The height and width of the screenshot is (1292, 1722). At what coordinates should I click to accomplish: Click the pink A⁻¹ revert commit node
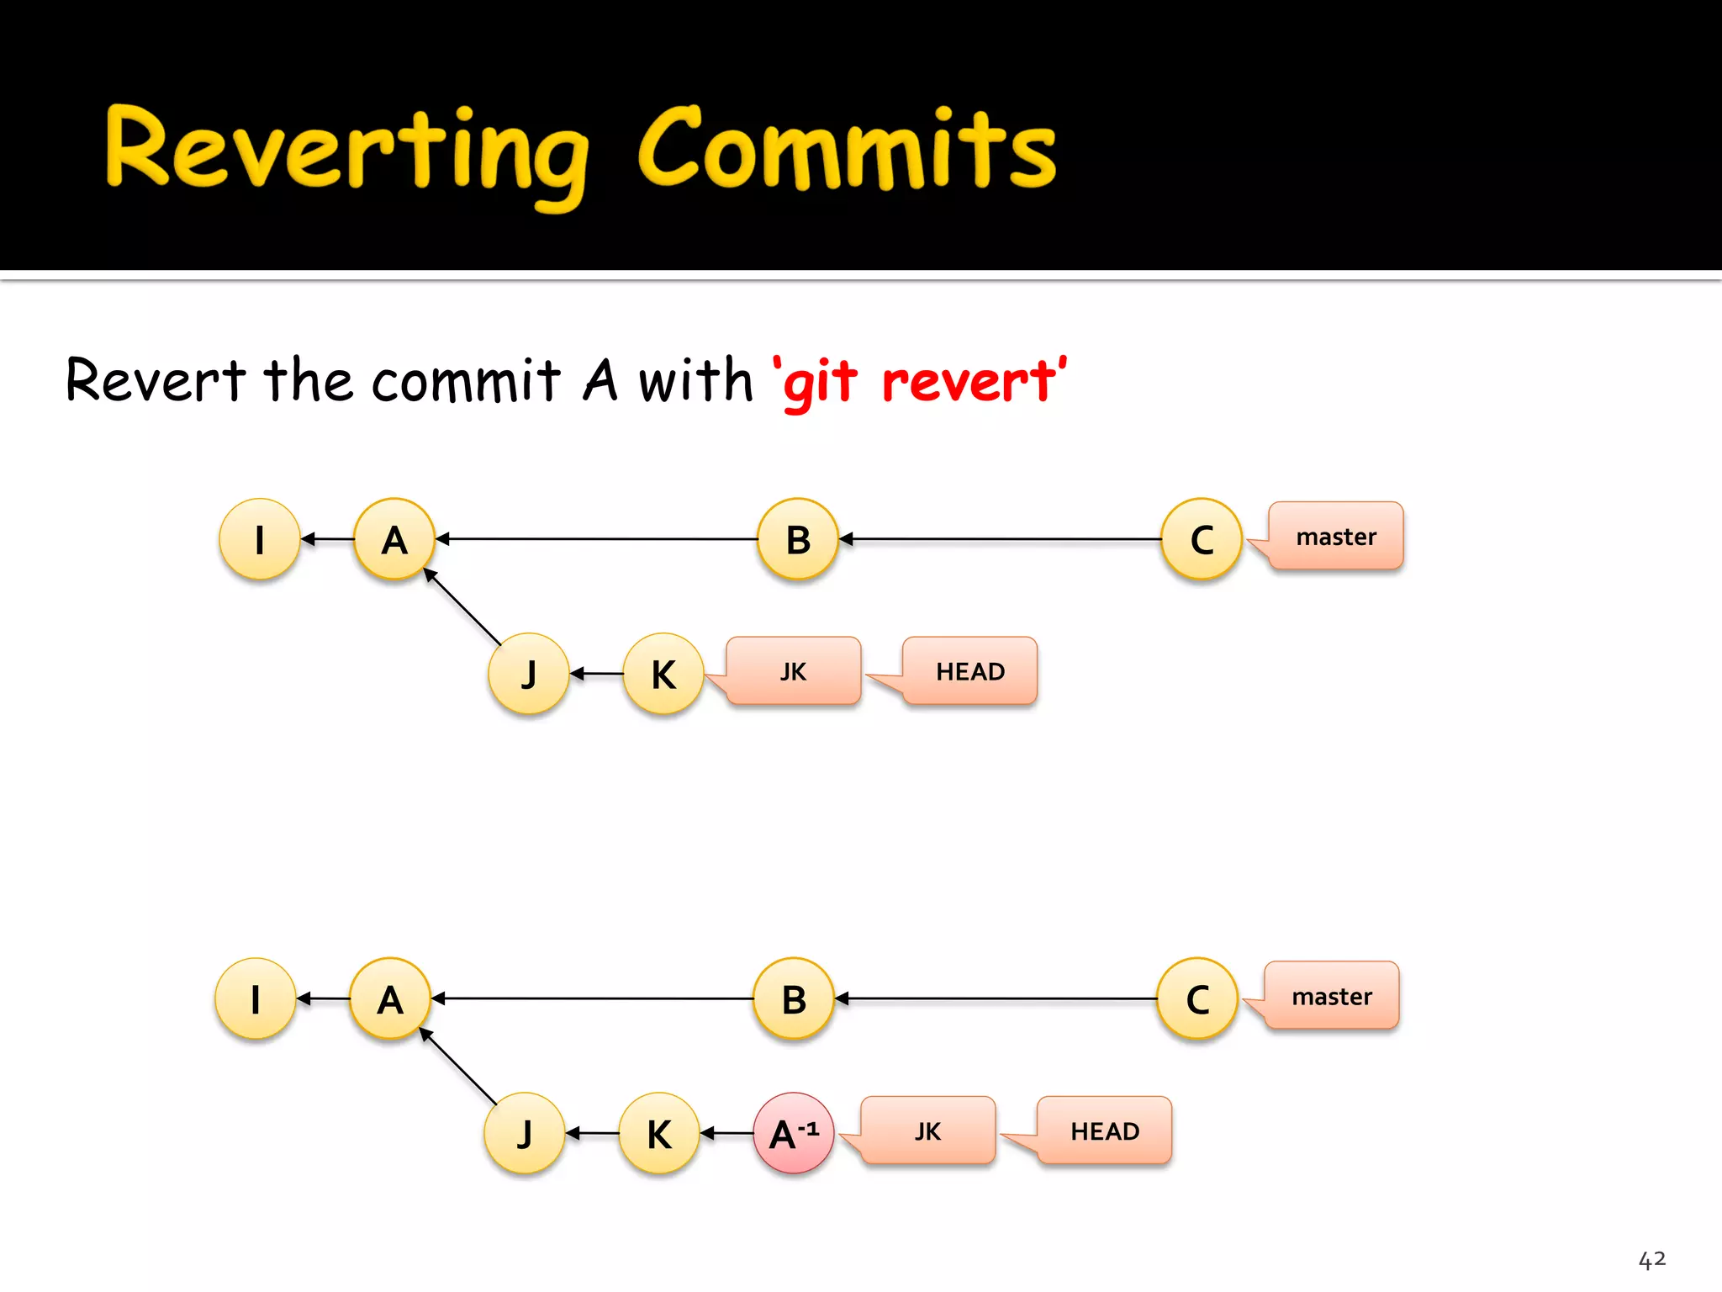pos(793,1133)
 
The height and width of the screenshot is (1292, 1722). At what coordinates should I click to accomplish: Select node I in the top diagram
pos(260,539)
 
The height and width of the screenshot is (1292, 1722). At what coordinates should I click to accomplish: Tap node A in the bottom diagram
pos(390,999)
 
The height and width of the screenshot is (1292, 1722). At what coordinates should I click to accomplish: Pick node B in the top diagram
pos(798,539)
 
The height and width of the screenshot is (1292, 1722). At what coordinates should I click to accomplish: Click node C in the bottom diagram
pos(1197,999)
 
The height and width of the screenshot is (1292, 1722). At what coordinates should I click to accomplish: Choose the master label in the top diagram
pos(1335,537)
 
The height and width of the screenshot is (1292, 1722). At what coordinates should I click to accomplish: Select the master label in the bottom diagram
pos(1331,997)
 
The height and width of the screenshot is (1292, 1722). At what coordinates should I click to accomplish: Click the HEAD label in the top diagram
pos(969,671)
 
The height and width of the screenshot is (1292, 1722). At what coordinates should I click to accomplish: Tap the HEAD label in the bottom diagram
pos(1104,1131)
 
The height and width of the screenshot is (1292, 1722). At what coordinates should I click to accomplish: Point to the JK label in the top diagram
pos(793,671)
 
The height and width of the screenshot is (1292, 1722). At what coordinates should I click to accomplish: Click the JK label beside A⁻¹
pos(927,1131)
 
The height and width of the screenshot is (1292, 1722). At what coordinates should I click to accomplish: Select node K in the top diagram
pos(663,674)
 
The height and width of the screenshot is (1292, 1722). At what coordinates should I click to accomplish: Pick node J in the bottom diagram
pos(525,1133)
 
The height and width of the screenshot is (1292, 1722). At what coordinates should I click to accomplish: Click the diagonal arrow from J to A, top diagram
pos(463,608)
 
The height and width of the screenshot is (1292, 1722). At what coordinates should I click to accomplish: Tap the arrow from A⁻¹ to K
pos(727,1134)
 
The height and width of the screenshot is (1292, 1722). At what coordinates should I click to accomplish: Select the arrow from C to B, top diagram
pos(1001,539)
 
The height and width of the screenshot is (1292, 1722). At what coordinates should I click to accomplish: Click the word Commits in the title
pos(847,150)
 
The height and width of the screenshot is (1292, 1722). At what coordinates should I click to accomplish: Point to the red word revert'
pos(974,381)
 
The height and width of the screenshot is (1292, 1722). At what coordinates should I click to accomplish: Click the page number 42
pos(1651,1259)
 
